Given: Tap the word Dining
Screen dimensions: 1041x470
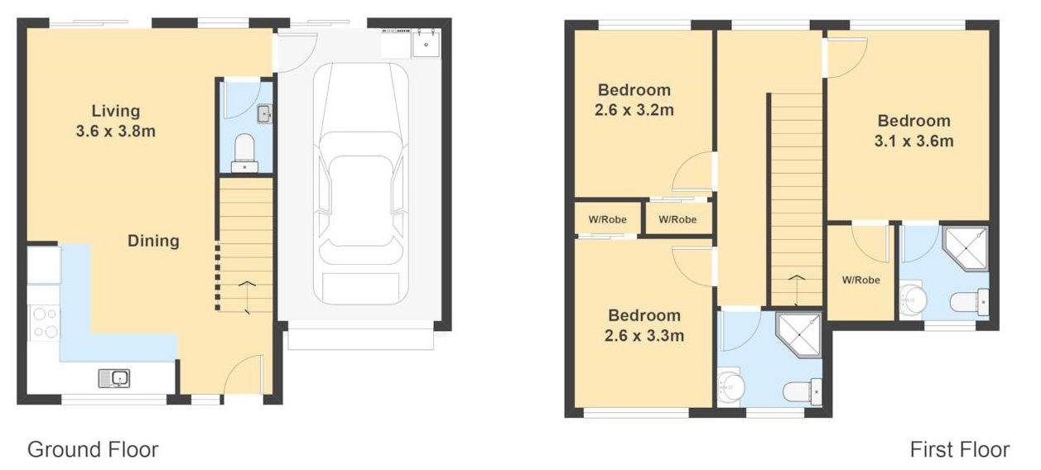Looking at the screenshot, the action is (x=153, y=241).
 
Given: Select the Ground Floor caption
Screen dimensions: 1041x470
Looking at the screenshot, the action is (x=93, y=449).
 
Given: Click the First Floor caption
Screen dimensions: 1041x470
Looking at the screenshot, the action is (x=960, y=449).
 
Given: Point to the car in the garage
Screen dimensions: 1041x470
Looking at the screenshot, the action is (x=360, y=184).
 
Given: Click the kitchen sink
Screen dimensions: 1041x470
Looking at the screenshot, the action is (x=113, y=378).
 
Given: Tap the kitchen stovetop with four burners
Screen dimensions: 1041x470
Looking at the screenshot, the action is (x=44, y=323).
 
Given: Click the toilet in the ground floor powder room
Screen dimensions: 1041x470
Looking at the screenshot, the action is (x=244, y=153).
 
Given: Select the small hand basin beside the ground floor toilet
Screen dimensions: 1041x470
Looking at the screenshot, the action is (x=264, y=113).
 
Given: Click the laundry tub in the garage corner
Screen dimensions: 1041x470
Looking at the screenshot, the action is (x=427, y=44).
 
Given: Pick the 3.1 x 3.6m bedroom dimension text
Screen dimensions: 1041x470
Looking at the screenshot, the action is (x=913, y=141).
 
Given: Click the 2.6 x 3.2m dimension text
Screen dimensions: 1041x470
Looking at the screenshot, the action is (x=634, y=110).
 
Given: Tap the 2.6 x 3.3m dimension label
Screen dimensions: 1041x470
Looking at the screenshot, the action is (x=644, y=335).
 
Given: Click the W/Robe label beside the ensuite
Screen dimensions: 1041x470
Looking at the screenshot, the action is (x=860, y=280).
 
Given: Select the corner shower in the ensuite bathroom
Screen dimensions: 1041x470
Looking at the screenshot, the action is (x=966, y=249).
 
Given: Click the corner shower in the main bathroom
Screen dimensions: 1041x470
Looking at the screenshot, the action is (x=799, y=335).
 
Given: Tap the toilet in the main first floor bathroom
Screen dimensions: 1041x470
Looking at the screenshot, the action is (x=802, y=391).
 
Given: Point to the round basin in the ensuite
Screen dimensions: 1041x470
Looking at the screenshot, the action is (x=912, y=300).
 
